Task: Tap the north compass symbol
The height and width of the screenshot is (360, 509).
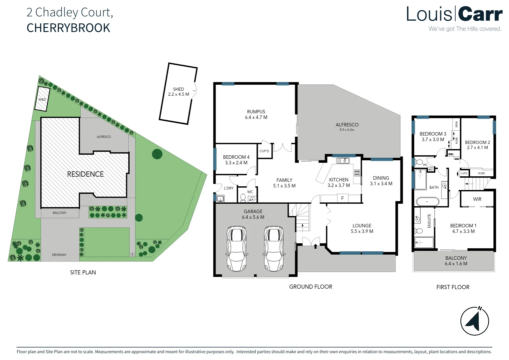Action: (475, 321)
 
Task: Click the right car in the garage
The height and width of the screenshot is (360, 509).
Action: (274, 248)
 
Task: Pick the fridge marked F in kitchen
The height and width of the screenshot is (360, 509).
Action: (342, 198)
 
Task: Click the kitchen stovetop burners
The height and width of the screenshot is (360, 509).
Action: (357, 173)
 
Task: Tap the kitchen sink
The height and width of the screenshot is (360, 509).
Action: (342, 161)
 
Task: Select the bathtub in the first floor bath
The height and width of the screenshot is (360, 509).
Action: (427, 202)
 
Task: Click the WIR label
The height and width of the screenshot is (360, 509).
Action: (477, 199)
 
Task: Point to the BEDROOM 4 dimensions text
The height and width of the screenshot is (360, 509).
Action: (236, 163)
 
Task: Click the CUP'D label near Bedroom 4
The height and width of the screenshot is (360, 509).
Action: (264, 151)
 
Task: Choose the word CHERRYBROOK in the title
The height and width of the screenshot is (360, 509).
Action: (68, 28)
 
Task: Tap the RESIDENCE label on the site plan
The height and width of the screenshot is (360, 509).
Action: (85, 174)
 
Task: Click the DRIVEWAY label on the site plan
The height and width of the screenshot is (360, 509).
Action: (59, 255)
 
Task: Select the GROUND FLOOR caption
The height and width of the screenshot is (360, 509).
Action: (310, 287)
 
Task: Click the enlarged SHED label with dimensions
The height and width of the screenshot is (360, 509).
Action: (179, 92)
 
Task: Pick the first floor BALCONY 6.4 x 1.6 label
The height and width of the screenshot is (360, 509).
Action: (456, 261)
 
